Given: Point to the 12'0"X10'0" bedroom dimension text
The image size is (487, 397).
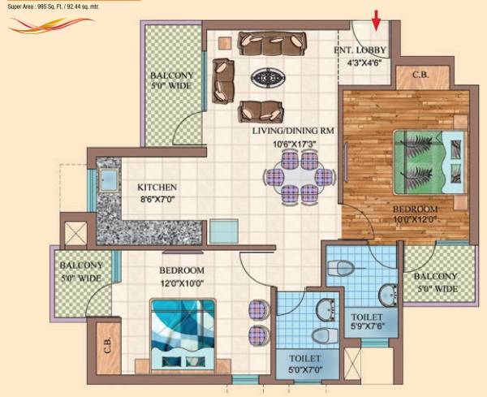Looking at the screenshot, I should click(182, 283).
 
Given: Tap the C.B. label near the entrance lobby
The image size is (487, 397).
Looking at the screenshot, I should click(420, 76).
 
